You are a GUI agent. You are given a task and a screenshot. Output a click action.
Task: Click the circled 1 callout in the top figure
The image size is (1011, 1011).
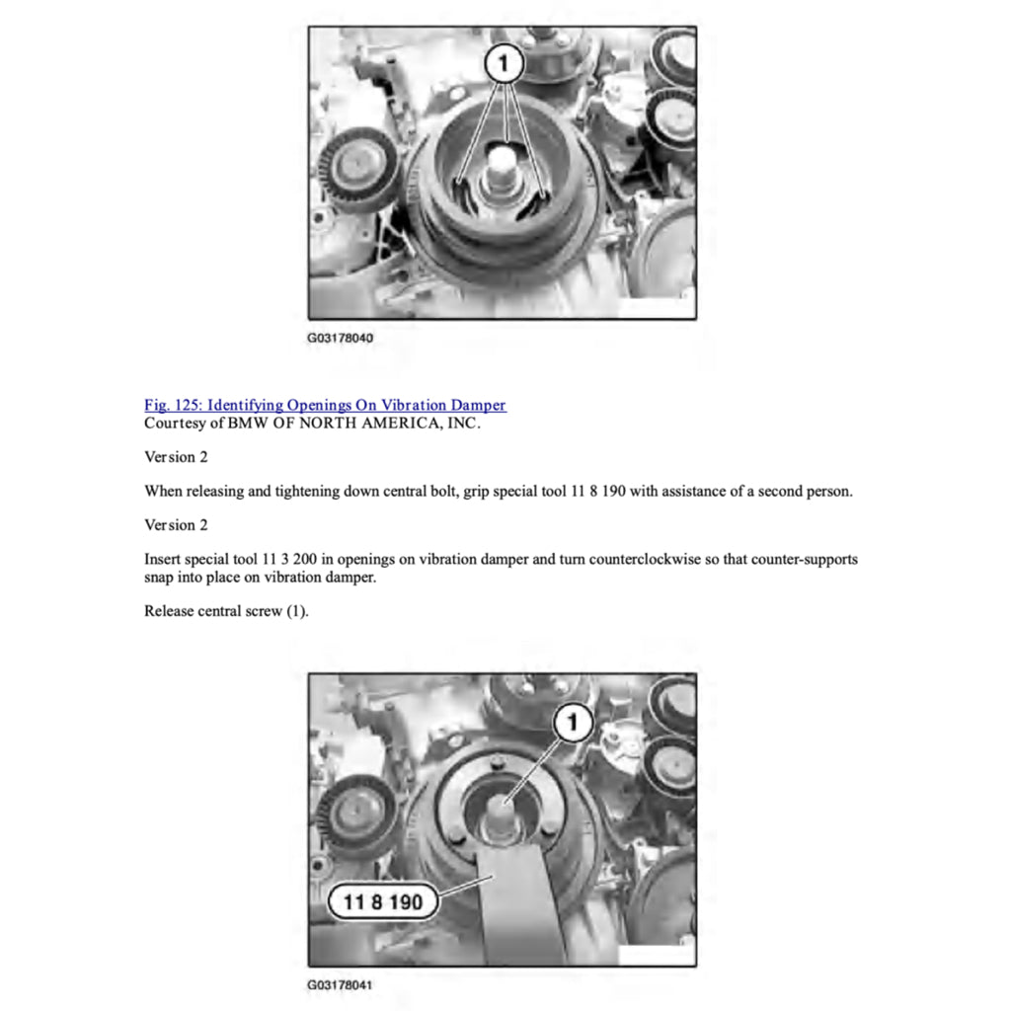click(504, 63)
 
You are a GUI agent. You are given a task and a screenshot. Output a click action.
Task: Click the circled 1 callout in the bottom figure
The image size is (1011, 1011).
click(574, 722)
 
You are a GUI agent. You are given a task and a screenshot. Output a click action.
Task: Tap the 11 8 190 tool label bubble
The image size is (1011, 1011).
click(383, 901)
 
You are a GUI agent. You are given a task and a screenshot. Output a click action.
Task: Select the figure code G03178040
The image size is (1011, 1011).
click(340, 338)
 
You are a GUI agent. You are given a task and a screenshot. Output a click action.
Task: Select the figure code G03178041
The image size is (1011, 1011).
click(340, 985)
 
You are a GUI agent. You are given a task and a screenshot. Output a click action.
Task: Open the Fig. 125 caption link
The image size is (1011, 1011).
click(325, 405)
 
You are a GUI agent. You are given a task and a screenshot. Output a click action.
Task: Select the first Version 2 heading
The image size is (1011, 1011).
click(176, 457)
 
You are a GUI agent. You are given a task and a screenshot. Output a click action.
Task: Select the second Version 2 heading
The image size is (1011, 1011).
click(176, 525)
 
